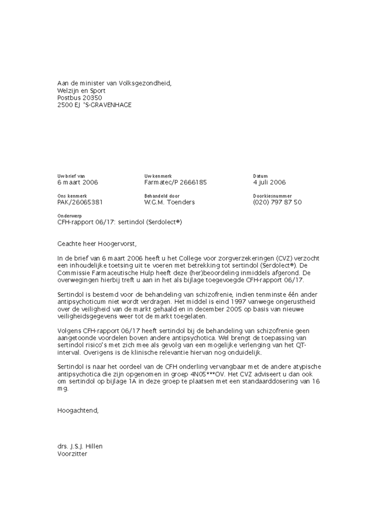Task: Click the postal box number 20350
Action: (x=90, y=97)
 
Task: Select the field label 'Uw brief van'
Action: (x=71, y=176)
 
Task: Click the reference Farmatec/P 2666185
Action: (x=176, y=183)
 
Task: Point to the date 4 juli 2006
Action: (x=269, y=183)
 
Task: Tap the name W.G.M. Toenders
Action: (x=169, y=202)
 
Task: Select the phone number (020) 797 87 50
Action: (x=277, y=202)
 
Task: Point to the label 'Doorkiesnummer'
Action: (x=272, y=196)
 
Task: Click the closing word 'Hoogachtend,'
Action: (x=77, y=411)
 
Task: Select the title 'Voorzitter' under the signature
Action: (x=72, y=454)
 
